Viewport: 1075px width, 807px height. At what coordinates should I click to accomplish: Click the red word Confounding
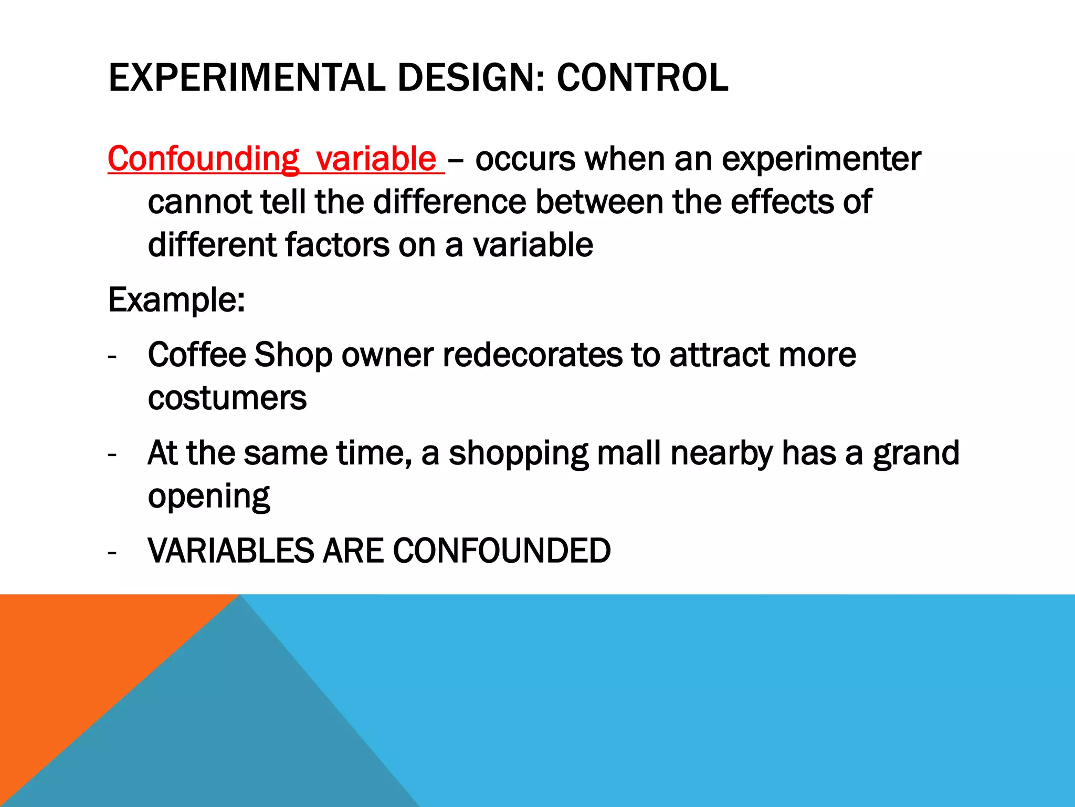(x=203, y=159)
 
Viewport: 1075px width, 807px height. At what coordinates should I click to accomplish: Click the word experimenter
(x=821, y=159)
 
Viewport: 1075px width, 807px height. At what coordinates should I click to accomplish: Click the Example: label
(x=176, y=301)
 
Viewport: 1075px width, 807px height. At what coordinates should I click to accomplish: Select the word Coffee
(x=196, y=355)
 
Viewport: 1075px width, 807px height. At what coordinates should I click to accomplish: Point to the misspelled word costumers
(x=227, y=398)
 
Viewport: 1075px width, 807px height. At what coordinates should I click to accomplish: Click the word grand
(x=915, y=453)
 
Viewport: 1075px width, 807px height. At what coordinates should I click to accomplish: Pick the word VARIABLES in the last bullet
(x=231, y=551)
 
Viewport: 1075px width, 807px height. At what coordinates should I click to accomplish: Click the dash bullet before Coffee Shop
(x=112, y=357)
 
